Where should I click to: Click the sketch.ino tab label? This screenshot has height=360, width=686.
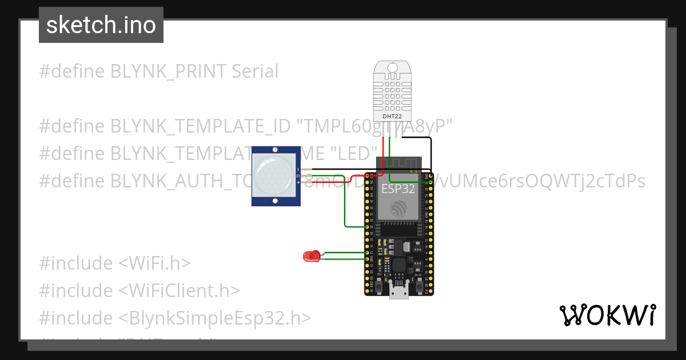pos(101,25)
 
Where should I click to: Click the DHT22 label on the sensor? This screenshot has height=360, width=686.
pos(392,116)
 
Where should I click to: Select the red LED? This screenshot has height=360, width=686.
pos(310,257)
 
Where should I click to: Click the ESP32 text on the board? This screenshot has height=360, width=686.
pos(398,189)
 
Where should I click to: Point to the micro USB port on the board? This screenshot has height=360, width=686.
pos(398,293)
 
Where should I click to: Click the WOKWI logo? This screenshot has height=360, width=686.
pos(607,315)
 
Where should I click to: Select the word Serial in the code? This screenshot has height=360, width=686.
pos(255,71)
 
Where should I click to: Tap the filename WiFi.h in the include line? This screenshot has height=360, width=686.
pos(154,263)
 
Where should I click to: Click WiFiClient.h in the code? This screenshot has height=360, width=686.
pos(179,291)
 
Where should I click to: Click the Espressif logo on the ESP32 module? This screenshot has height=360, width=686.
pos(398,209)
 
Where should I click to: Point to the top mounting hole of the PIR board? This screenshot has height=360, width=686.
pos(276,149)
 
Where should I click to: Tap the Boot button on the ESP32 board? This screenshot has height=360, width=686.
pos(418,284)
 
